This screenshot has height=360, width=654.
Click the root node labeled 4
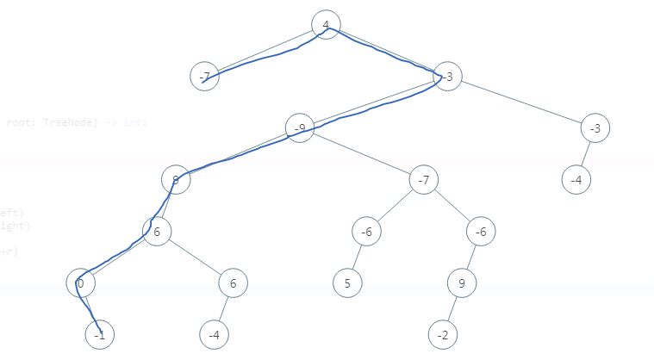pos(326,25)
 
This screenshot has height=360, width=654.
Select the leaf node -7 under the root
pos(204,77)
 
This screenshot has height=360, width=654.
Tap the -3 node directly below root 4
pos(448,77)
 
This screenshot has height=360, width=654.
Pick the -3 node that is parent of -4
pos(595,128)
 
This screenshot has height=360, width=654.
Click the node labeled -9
pos(300,128)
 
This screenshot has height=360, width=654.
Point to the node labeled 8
pos(175,180)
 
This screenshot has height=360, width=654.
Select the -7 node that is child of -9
pos(424,180)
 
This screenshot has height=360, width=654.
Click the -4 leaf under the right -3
pos(576,180)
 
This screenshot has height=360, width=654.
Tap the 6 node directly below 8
pos(157,232)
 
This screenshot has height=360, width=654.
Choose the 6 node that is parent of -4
pos(233,282)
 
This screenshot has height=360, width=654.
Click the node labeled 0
pos(80,282)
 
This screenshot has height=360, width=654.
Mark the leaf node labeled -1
pos(100,334)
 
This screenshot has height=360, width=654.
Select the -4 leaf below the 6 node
pos(214,334)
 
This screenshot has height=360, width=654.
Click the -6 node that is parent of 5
pos(366,232)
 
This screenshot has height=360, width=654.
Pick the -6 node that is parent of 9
pos(481,232)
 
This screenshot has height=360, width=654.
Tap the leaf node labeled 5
pos(348,282)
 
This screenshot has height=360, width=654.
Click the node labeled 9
pos(462,282)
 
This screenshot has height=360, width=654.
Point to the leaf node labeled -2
pos(443,334)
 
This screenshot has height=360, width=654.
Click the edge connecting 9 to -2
pos(452,308)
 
